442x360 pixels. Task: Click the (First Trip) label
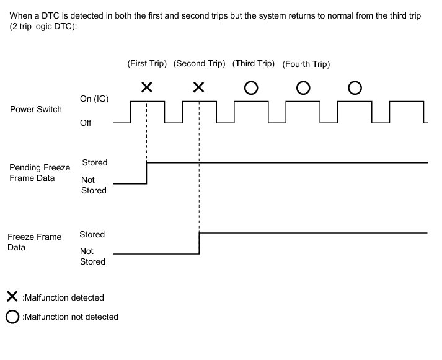click(147, 64)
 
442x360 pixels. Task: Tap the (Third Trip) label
click(253, 64)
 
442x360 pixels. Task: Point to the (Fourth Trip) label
click(306, 64)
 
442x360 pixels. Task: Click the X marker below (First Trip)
click(147, 87)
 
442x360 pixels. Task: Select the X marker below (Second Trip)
click(198, 87)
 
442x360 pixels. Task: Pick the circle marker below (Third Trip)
click(251, 88)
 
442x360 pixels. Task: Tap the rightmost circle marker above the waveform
click(355, 88)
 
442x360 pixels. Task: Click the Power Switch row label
click(36, 110)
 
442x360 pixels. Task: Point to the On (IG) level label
click(95, 99)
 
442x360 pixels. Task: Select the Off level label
click(86, 123)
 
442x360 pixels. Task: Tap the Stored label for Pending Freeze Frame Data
click(95, 162)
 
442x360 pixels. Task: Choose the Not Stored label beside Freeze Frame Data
click(92, 257)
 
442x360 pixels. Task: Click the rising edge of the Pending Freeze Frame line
click(147, 173)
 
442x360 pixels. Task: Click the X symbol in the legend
click(12, 297)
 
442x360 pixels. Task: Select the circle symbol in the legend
click(12, 317)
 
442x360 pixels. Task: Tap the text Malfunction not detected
click(70, 317)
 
